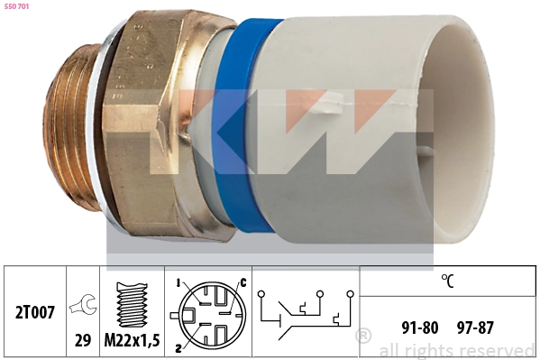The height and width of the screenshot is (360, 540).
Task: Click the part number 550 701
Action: point(18,8)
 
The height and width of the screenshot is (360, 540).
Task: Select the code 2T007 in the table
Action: point(36,313)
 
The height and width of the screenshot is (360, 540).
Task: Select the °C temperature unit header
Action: point(447,281)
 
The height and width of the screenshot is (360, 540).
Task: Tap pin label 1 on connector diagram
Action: point(178,282)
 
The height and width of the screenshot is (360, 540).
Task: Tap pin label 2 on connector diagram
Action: point(178,348)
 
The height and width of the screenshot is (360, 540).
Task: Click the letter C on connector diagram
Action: point(242,283)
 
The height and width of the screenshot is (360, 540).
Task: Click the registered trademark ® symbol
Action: point(363,337)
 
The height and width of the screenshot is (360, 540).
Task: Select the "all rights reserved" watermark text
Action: point(457,350)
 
